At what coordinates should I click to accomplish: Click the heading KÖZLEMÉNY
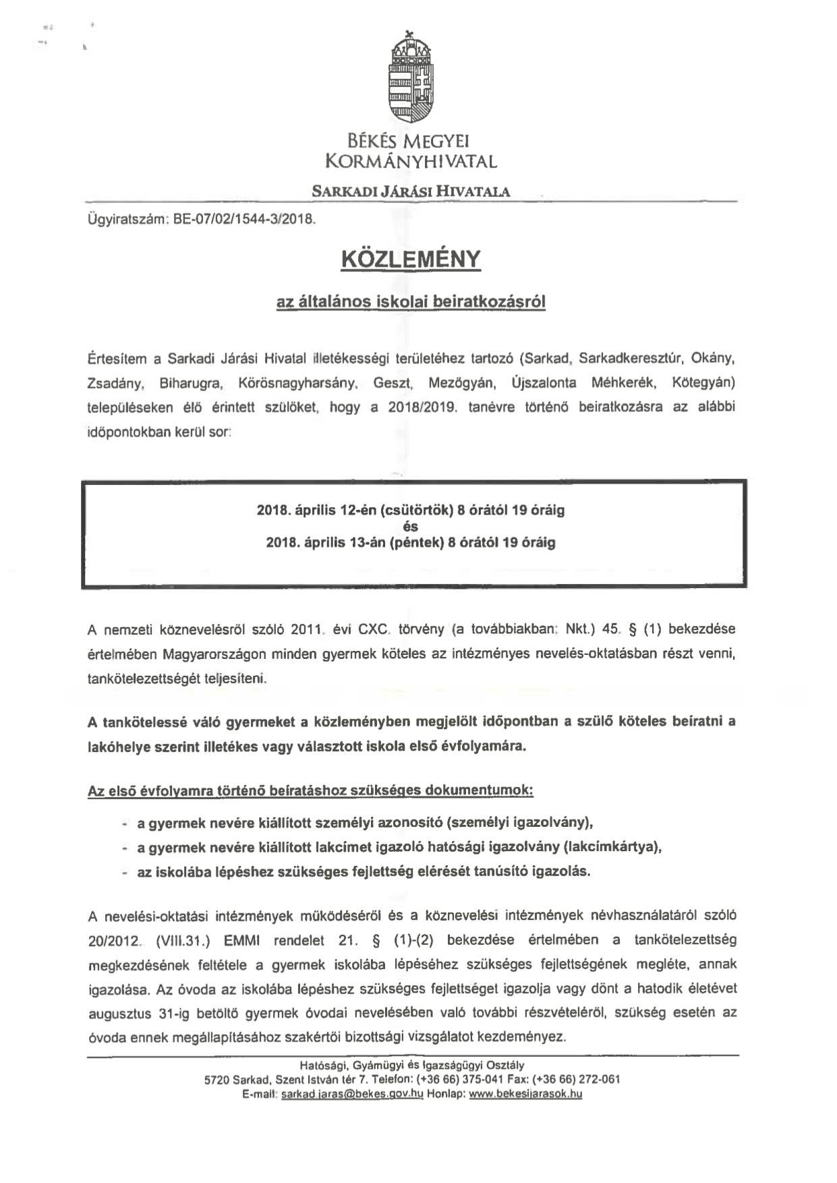411,259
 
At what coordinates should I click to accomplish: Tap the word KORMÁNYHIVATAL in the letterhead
411,162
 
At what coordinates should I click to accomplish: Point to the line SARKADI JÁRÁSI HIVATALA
411,192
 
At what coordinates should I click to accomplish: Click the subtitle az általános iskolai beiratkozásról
411,301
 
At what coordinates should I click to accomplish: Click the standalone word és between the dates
411,527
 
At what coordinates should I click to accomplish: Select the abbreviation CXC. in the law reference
375,629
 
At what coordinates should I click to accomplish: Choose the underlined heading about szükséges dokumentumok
310,790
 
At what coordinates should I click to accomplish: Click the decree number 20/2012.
115,940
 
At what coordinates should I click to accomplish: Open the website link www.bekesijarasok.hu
525,1094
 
